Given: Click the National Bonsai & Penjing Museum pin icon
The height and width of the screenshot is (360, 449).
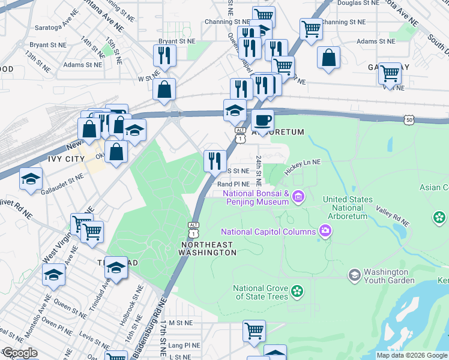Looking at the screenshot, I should pyautogui.click(x=299, y=197).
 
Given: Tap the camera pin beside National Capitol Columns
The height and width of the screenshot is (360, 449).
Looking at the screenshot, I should pyautogui.click(x=325, y=231).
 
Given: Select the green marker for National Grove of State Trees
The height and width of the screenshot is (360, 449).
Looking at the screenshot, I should pyautogui.click(x=296, y=292).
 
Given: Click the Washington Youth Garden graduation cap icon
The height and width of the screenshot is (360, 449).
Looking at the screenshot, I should pyautogui.click(x=355, y=275).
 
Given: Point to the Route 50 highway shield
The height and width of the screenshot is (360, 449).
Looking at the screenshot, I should pyautogui.click(x=409, y=119).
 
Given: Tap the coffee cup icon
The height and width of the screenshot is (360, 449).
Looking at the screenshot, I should pyautogui.click(x=262, y=121).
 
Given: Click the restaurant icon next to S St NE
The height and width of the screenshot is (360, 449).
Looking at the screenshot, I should pyautogui.click(x=215, y=160).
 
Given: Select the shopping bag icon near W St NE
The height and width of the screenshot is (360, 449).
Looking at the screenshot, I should pyautogui.click(x=164, y=90).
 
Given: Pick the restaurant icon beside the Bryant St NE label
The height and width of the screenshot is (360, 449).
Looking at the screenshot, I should pyautogui.click(x=164, y=55).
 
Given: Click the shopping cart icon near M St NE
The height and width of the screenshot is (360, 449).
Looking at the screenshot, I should pyautogui.click(x=255, y=330).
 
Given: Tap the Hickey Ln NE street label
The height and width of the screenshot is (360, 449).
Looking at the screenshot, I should pyautogui.click(x=303, y=166).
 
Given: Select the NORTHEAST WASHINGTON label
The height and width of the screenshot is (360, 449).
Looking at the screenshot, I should pyautogui.click(x=207, y=248).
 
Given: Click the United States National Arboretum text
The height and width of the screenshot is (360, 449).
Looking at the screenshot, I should pyautogui.click(x=348, y=208).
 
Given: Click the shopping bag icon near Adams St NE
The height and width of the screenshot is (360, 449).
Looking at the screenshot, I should pyautogui.click(x=328, y=58).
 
